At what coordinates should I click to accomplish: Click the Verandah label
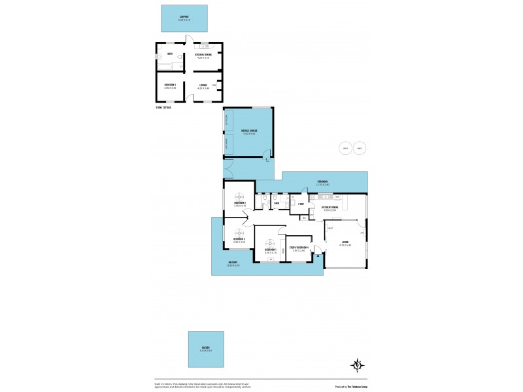click(x=323, y=183)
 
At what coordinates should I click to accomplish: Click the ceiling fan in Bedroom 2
click(x=240, y=197)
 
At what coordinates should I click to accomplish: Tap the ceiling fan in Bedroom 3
click(x=240, y=232)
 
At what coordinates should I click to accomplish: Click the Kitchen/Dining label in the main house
click(x=329, y=208)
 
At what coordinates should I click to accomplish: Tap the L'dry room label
click(x=301, y=205)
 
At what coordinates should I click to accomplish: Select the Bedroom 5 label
click(x=169, y=86)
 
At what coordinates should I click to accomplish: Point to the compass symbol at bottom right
click(x=357, y=365)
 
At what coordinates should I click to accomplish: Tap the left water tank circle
click(x=345, y=148)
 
